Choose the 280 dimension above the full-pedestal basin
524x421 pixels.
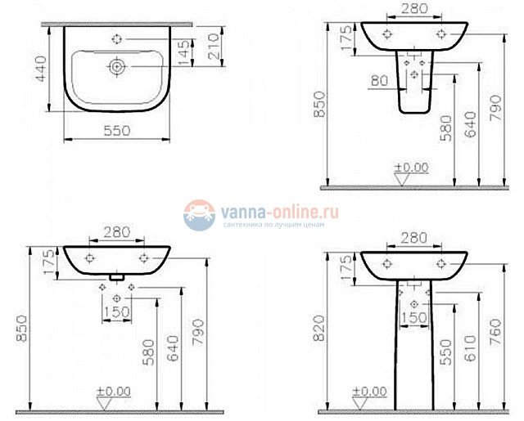tap(414, 238)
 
